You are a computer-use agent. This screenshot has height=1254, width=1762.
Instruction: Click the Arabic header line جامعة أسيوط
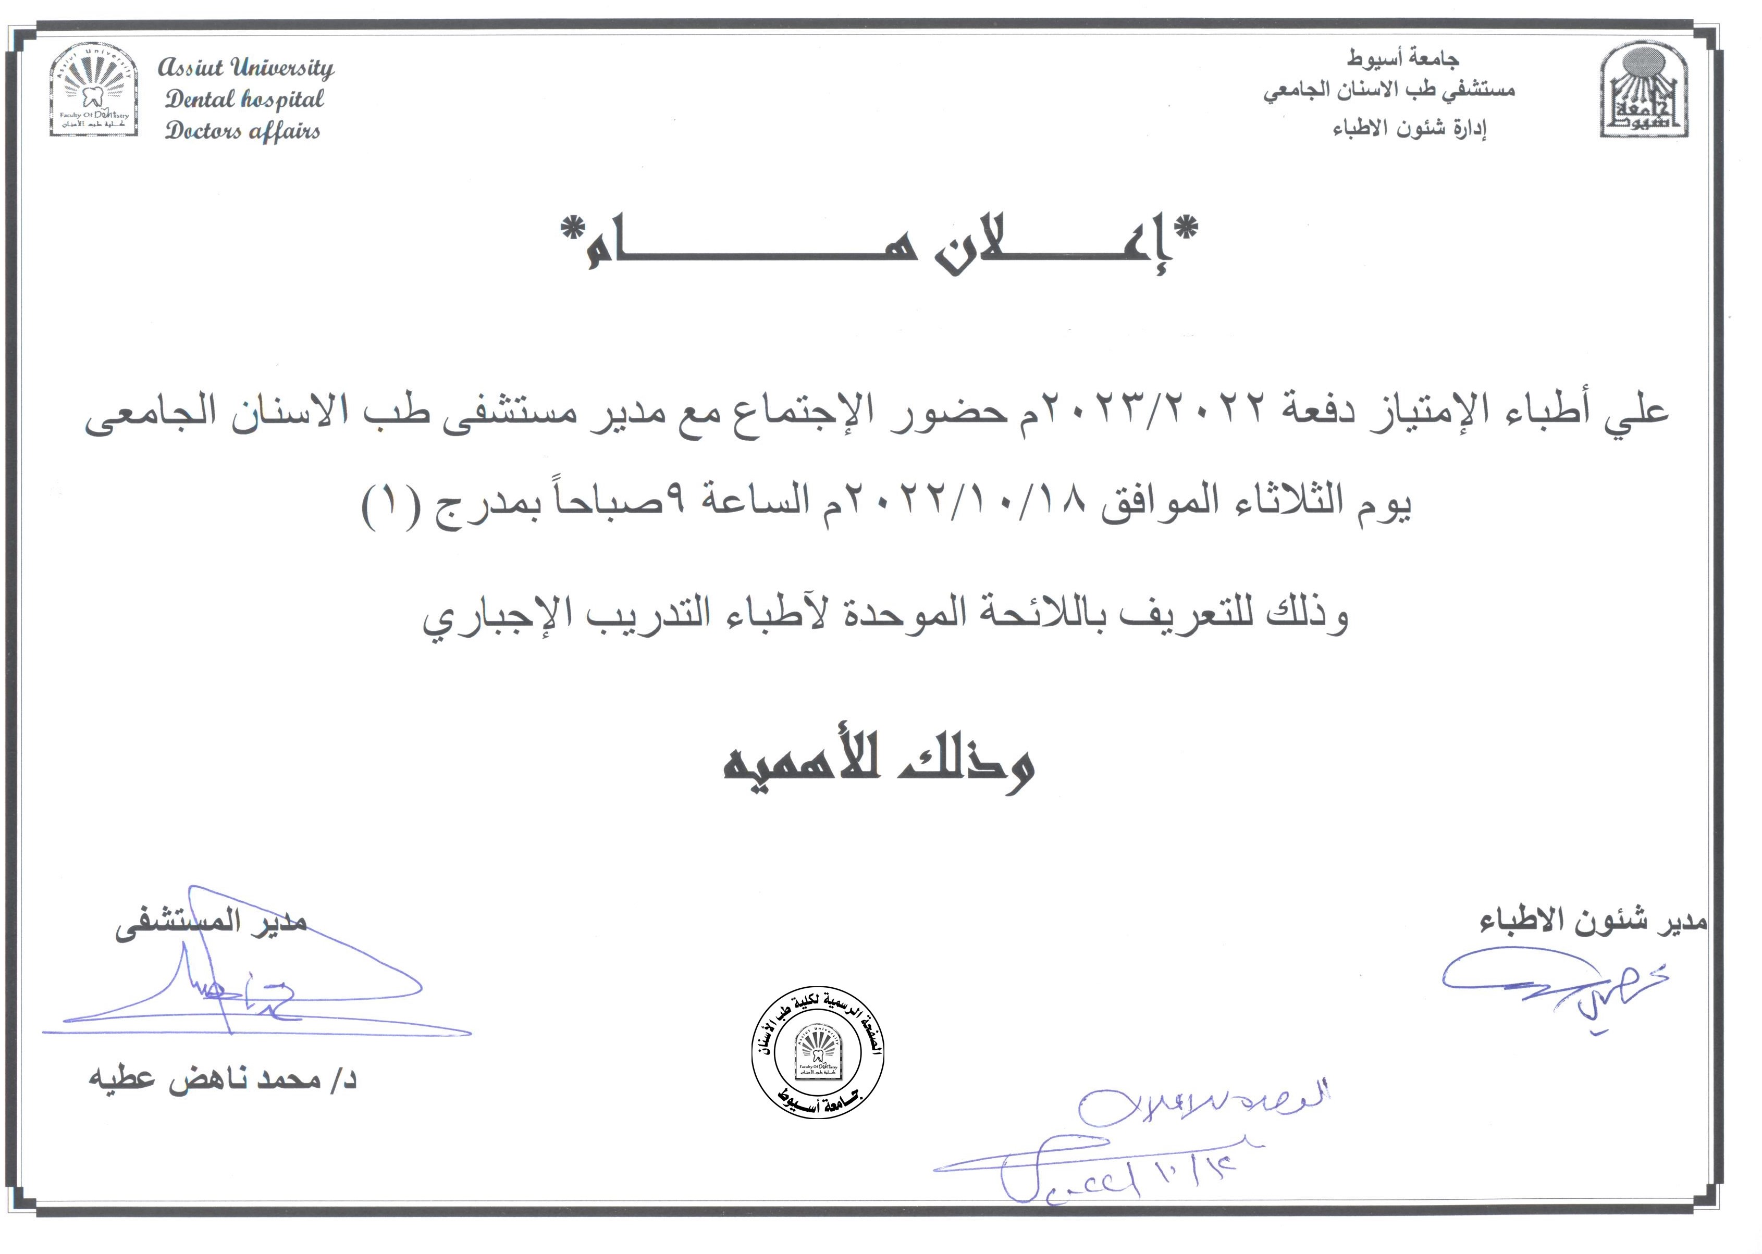pyautogui.click(x=1403, y=58)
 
